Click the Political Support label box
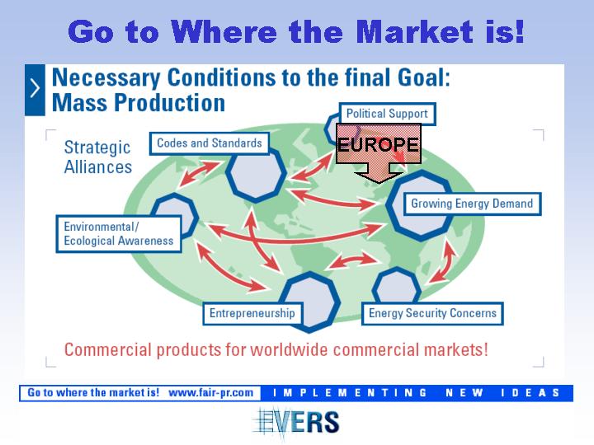tap(387, 114)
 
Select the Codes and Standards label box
tap(209, 143)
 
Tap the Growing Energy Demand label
tap(472, 204)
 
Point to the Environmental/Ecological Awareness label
tap(119, 234)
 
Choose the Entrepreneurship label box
tap(252, 313)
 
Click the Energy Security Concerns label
tap(432, 313)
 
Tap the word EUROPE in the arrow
tap(378, 144)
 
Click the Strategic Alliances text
tap(97, 157)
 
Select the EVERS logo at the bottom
tap(296, 423)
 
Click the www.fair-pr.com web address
tap(210, 393)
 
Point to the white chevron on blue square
tap(35, 90)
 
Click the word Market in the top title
tap(414, 32)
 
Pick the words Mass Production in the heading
tap(139, 102)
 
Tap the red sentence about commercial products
tap(276, 349)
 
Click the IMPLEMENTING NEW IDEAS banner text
tap(417, 393)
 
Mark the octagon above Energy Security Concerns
tap(396, 286)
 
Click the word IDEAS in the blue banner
tap(530, 393)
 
